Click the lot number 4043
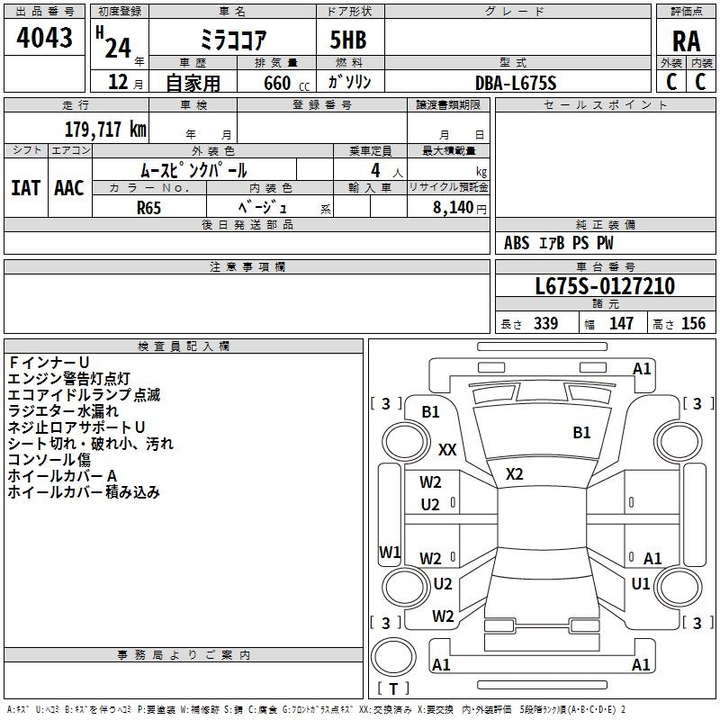pyautogui.click(x=44, y=38)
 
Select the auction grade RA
pyautogui.click(x=686, y=41)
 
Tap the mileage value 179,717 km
pyautogui.click(x=105, y=130)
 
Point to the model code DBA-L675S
pyautogui.click(x=516, y=83)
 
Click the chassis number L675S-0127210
pyautogui.click(x=605, y=286)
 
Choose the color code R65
pyautogui.click(x=148, y=208)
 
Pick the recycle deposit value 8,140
pyautogui.click(x=453, y=208)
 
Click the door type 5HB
pyautogui.click(x=348, y=40)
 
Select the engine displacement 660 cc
pyautogui.click(x=286, y=84)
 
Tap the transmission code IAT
pyautogui.click(x=25, y=188)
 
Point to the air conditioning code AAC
pyautogui.click(x=69, y=188)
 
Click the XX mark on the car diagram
pyautogui.click(x=447, y=449)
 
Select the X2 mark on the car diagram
pyautogui.click(x=514, y=474)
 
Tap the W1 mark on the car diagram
pyautogui.click(x=390, y=553)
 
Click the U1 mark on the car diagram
pyautogui.click(x=641, y=583)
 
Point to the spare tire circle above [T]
pyautogui.click(x=393, y=657)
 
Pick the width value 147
pyautogui.click(x=621, y=323)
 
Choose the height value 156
pyautogui.click(x=693, y=323)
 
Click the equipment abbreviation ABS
pyautogui.click(x=517, y=243)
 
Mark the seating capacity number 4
pyautogui.click(x=375, y=171)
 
